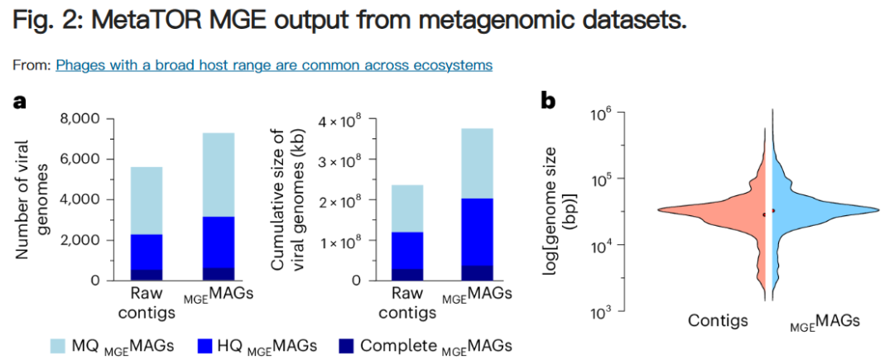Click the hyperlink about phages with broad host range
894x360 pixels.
point(274,65)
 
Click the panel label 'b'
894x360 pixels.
point(548,102)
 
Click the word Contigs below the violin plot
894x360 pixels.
point(718,321)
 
